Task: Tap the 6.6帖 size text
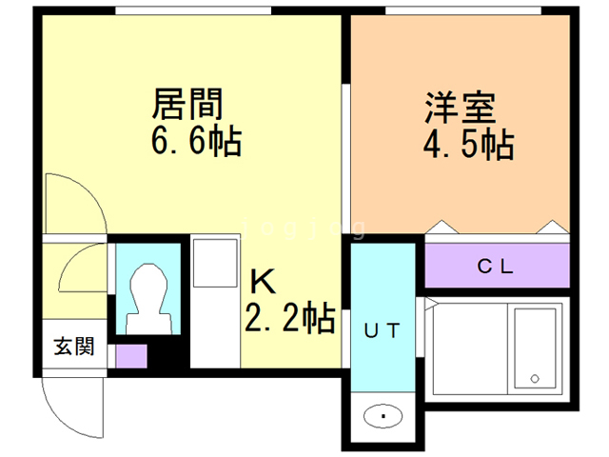pyautogui.click(x=194, y=142)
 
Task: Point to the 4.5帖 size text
pyautogui.click(x=467, y=145)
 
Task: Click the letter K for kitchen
pyautogui.click(x=263, y=282)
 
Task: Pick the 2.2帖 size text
pyautogui.click(x=290, y=318)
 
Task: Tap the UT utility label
pyautogui.click(x=383, y=330)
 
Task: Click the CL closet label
pyautogui.click(x=495, y=267)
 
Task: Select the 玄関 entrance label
pyautogui.click(x=73, y=347)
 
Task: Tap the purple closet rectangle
pyautogui.click(x=495, y=267)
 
